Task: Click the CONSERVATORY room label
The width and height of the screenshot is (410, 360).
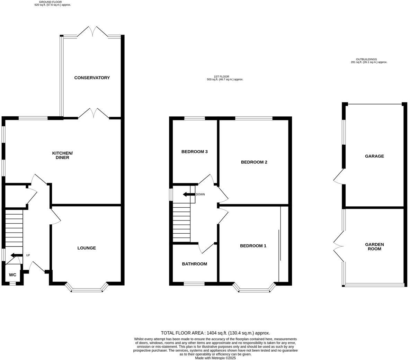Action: [92, 78]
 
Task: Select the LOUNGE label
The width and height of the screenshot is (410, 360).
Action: [87, 248]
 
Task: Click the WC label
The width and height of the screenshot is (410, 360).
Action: [12, 275]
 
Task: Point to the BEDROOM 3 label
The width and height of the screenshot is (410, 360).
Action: [194, 152]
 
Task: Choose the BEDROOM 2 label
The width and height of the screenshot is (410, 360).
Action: [254, 162]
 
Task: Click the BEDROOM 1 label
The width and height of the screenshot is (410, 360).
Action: [253, 246]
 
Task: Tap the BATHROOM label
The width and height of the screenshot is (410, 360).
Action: [194, 264]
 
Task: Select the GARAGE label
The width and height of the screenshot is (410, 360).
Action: [374, 156]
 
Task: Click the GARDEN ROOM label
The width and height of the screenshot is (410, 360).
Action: [374, 246]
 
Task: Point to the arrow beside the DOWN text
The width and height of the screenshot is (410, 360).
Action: [189, 194]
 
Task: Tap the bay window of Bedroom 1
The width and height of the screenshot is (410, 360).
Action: [255, 288]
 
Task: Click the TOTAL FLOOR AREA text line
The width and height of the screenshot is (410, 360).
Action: [215, 333]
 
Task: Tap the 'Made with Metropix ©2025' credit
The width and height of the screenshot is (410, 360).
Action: [215, 358]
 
